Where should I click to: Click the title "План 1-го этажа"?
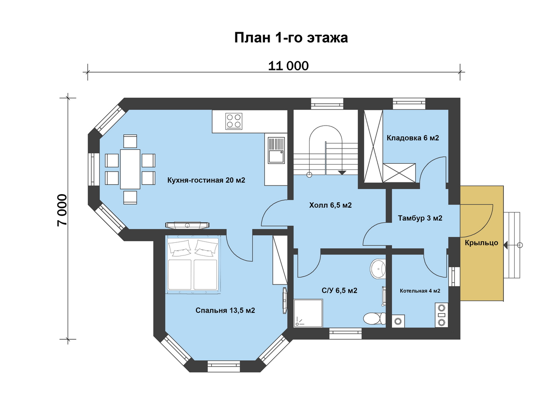coord(291,38)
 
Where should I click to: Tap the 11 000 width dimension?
coord(288,66)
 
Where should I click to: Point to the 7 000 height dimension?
coord(62,210)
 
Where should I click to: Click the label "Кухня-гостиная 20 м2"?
coord(206,180)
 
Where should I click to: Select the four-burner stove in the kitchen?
coord(234,121)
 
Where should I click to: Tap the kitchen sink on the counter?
coord(276,150)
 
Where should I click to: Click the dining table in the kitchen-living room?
coord(130,169)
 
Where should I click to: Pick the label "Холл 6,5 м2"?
coord(330,205)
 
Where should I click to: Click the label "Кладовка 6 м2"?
coord(413,138)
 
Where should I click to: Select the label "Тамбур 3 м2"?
coord(420,218)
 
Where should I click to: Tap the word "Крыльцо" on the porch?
coord(481,242)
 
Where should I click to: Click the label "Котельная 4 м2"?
coord(420,291)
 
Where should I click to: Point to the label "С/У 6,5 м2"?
coord(340,291)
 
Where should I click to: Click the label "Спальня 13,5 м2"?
coord(225,310)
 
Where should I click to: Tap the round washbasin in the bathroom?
coord(378,269)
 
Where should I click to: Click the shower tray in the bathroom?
coord(308,313)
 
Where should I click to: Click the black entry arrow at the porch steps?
coord(506,245)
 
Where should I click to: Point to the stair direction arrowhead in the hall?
coord(342,173)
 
